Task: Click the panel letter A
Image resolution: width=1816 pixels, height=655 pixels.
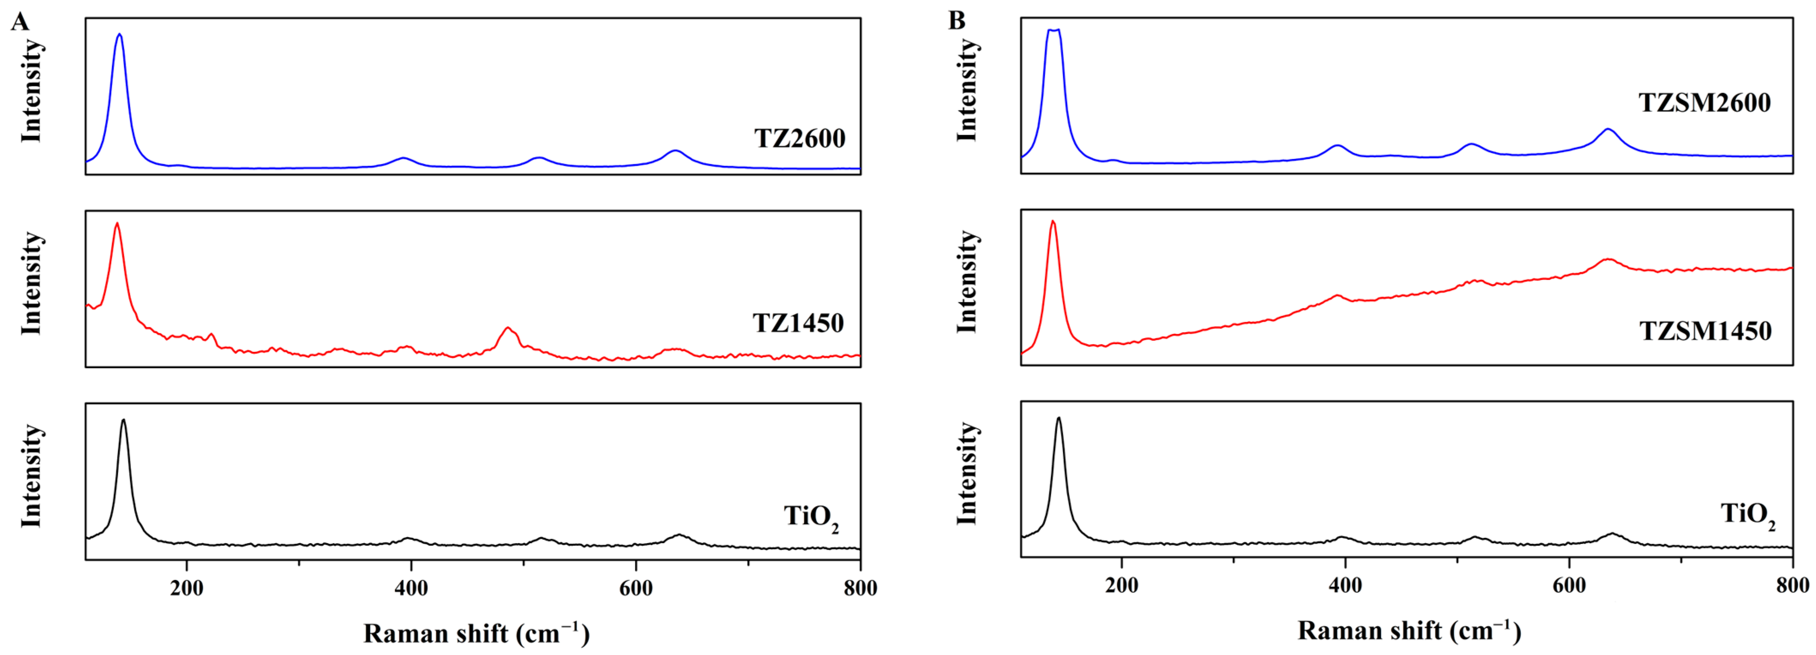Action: (x=20, y=22)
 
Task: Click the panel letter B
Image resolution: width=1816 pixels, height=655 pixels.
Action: (x=956, y=21)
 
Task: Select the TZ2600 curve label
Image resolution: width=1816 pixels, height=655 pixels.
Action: (x=800, y=138)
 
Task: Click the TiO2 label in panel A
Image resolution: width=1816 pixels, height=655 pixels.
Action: (x=811, y=517)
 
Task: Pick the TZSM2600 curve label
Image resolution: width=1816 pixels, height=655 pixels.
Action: (x=1704, y=103)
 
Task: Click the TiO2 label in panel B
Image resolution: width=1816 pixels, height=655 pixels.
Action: (x=1747, y=515)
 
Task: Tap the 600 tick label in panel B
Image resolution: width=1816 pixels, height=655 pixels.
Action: (x=1569, y=586)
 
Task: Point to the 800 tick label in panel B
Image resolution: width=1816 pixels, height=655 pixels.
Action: (x=1793, y=586)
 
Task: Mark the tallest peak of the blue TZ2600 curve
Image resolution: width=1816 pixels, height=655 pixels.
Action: (x=119, y=35)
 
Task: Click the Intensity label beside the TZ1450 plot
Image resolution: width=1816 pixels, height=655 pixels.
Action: (x=31, y=284)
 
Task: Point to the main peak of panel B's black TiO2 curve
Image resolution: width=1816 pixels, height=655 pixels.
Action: (x=1058, y=418)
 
